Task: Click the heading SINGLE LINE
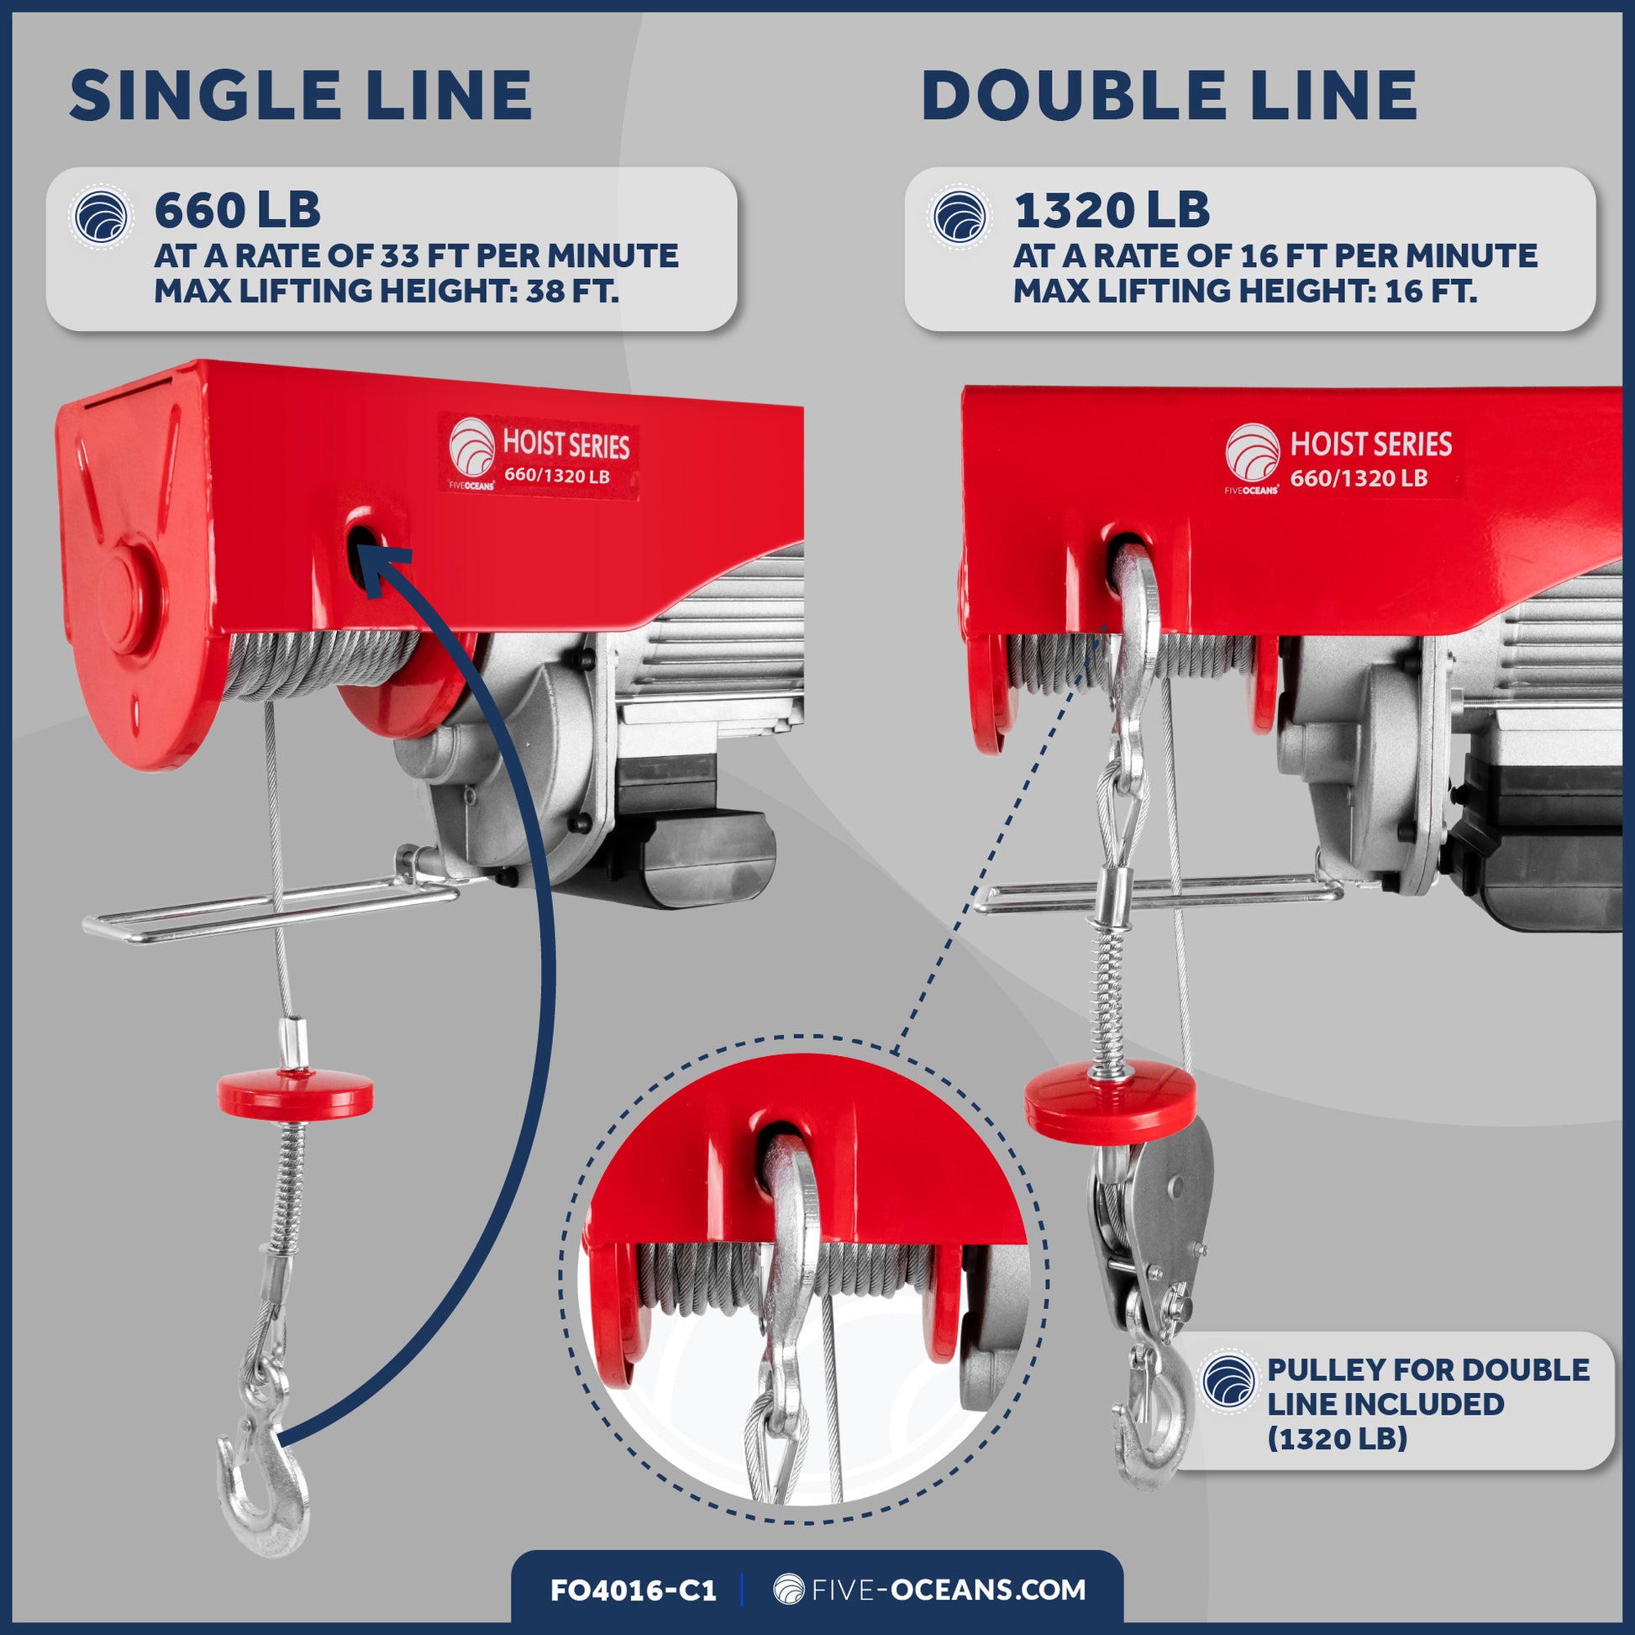(301, 95)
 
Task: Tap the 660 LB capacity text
(237, 211)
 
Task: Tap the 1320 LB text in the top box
(1112, 211)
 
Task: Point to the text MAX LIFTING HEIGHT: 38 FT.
(386, 291)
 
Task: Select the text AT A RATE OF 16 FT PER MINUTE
(1275, 255)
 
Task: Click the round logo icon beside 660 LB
(101, 218)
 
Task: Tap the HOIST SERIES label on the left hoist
(539, 458)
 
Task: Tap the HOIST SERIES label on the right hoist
(1344, 458)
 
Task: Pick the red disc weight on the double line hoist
(1112, 1100)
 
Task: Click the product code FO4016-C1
(633, 1590)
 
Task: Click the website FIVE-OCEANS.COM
(930, 1589)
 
